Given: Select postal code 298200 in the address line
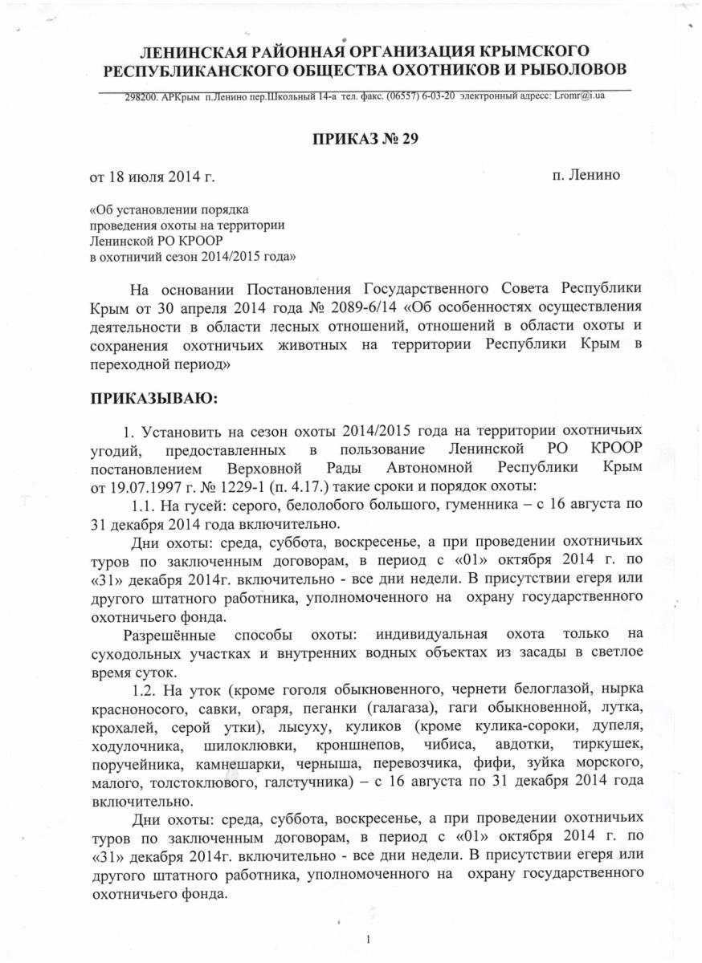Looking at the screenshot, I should tap(141, 96).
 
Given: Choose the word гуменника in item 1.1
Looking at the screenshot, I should tap(470, 507).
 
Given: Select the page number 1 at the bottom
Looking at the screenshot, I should tap(366, 939).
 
